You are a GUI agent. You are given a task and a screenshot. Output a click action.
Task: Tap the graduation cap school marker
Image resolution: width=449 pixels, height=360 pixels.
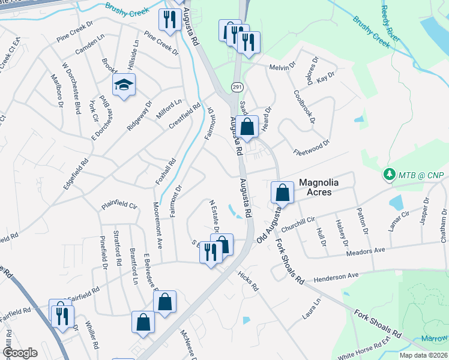click(x=124, y=85)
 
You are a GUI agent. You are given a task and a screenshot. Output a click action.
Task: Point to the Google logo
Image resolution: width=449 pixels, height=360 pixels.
click(x=20, y=353)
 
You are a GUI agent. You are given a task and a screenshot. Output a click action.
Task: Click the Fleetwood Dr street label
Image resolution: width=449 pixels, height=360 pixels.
click(x=312, y=147)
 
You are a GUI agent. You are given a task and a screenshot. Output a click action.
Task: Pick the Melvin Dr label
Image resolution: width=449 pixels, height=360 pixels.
click(x=282, y=67)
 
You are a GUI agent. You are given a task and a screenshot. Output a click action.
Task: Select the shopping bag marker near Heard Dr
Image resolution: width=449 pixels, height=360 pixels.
click(x=247, y=127)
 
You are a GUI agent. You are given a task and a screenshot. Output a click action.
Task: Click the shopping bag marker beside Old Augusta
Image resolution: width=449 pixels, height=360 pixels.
click(x=282, y=193)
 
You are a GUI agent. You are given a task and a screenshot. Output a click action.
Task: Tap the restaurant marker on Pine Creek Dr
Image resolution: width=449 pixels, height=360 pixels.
click(x=169, y=20)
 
